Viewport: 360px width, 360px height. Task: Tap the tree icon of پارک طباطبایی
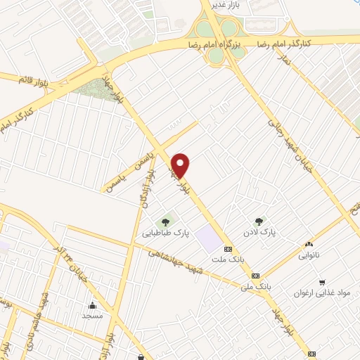click(166, 223)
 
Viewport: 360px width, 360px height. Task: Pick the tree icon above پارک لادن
click(260, 221)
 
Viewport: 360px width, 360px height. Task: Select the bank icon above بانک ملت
click(228, 249)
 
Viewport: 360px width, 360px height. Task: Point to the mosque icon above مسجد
click(92, 305)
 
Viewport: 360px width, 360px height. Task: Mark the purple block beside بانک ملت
click(208, 238)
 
